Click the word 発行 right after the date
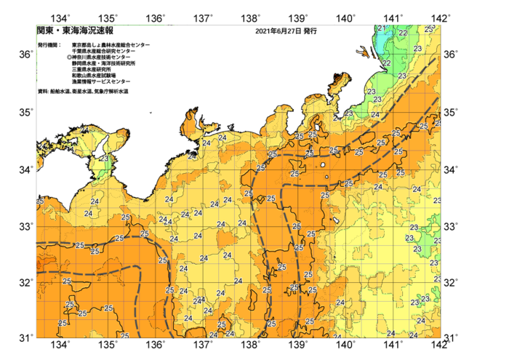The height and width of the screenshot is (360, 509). click(309, 32)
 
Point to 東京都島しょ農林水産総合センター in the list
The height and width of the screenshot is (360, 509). click(111, 45)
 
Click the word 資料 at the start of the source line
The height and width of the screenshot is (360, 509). click(41, 92)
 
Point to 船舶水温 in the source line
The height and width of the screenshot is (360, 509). click(60, 92)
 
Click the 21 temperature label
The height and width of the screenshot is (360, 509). click(382, 28)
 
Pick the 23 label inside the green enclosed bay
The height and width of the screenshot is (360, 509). click(104, 159)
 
